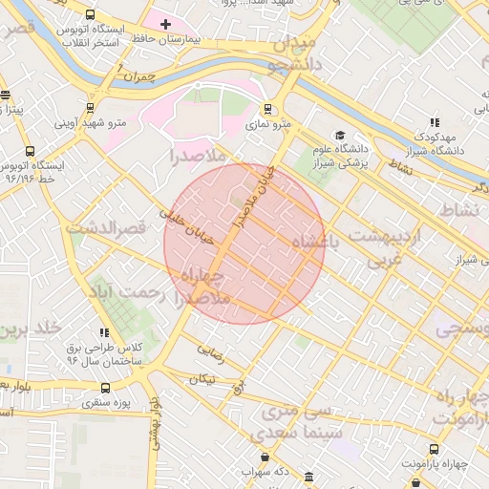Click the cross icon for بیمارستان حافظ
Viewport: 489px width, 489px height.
[x=165, y=23]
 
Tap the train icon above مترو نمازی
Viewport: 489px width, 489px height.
[x=267, y=109]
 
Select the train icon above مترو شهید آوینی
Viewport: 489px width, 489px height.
[x=96, y=108]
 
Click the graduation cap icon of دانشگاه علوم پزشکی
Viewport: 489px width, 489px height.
[x=338, y=135]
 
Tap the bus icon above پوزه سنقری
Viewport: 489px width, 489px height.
[x=105, y=388]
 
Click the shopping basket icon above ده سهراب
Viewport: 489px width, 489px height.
[x=265, y=457]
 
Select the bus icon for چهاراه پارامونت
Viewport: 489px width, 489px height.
[x=435, y=448]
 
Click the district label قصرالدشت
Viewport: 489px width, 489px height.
[x=105, y=228]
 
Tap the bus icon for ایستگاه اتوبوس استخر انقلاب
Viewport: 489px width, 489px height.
[x=90, y=15]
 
